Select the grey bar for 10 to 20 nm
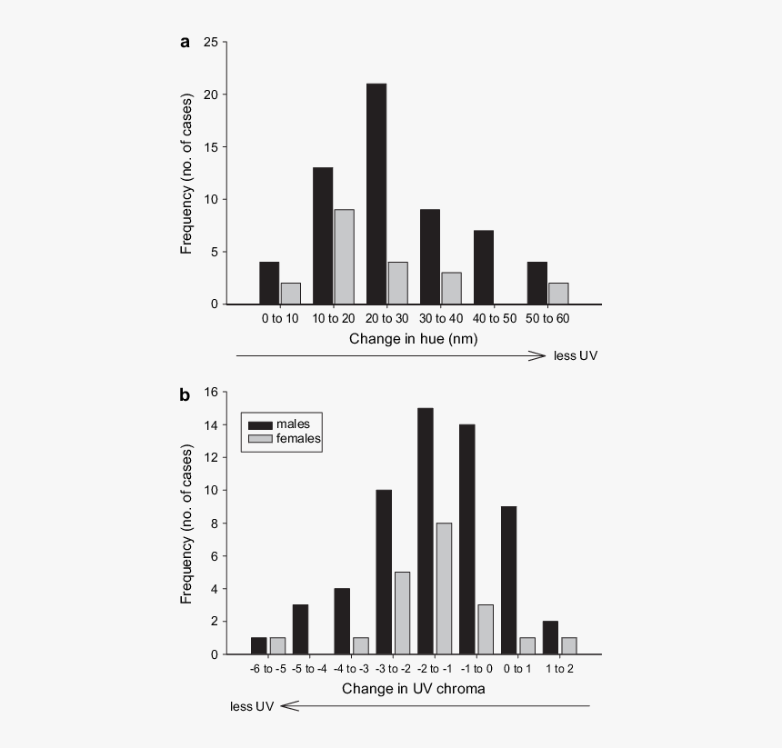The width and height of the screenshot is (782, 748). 344,257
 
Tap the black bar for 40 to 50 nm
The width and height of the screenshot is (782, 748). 484,269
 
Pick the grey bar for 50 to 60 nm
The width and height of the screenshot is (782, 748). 558,294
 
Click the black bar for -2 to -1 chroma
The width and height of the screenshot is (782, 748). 425,531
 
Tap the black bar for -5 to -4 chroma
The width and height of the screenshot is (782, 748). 300,629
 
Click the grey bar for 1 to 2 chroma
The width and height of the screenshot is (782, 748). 568,645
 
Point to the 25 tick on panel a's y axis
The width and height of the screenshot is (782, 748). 211,42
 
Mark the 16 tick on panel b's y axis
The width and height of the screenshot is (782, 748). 212,393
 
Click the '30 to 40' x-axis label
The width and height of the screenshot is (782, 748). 440,318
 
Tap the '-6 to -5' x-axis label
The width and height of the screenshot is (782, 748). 268,669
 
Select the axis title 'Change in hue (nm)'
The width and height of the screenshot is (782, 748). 413,338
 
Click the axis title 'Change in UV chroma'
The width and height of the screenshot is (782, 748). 413,689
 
